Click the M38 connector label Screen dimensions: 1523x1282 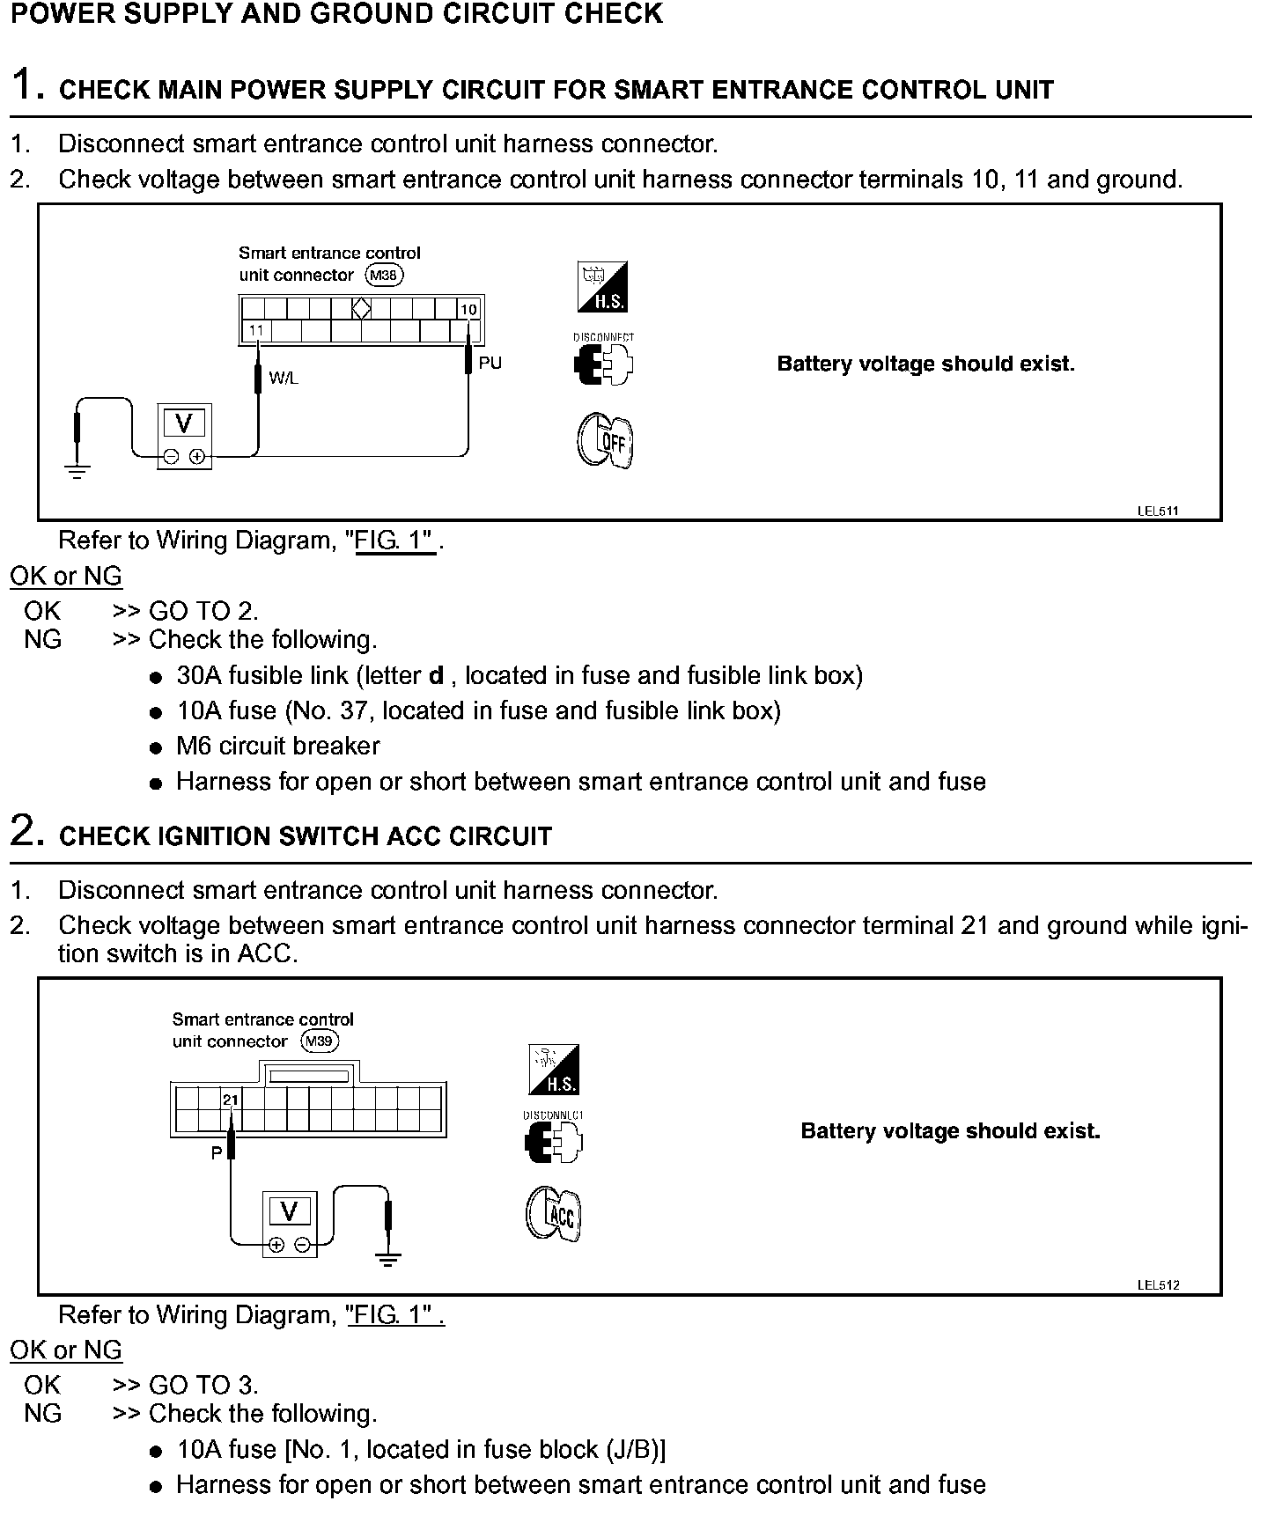click(385, 276)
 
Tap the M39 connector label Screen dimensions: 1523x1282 click(320, 1041)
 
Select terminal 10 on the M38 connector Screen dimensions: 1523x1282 click(468, 310)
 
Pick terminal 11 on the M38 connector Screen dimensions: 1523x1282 click(256, 331)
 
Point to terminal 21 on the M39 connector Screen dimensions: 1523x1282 click(230, 1100)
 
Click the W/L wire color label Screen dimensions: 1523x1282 click(284, 379)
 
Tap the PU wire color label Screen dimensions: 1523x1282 click(490, 363)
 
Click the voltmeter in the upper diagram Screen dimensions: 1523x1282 click(184, 437)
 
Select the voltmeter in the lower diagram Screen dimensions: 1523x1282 click(289, 1225)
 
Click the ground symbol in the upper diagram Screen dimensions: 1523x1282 click(77, 471)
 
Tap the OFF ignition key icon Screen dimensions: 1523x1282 click(605, 441)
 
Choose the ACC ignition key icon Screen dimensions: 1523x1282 click(554, 1214)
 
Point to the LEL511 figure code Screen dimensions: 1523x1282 click(1157, 511)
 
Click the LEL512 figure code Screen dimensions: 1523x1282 click(1157, 1284)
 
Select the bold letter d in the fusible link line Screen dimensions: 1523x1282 click(435, 676)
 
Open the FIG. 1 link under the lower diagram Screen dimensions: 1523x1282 click(395, 1315)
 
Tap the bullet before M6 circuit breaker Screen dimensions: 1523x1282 click(156, 748)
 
